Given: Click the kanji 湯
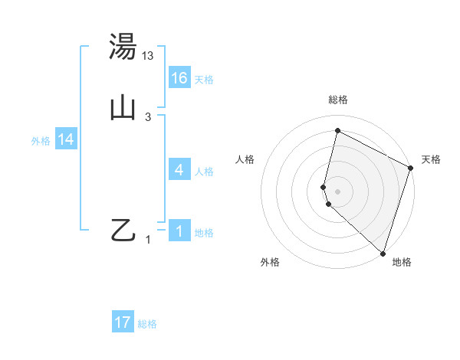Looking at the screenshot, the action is (x=123, y=47).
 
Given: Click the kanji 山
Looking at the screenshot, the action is (x=123, y=108).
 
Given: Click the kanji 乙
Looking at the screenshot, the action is (x=123, y=230).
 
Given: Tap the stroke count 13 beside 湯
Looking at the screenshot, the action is (x=148, y=55).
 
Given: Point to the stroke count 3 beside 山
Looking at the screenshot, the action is (x=148, y=116).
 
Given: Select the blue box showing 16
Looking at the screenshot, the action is (x=179, y=77).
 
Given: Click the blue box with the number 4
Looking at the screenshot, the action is (x=179, y=170).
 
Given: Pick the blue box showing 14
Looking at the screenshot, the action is (x=66, y=139).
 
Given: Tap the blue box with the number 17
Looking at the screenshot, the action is (x=123, y=322).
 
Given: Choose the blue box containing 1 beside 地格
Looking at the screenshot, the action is (x=179, y=231).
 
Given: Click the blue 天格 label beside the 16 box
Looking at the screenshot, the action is (x=204, y=79).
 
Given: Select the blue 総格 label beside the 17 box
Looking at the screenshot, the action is (x=147, y=324).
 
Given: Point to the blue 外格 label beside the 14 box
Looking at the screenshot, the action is (x=41, y=141).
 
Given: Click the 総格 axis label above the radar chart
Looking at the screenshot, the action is (x=338, y=100).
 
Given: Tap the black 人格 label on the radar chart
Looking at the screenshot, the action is (x=245, y=159).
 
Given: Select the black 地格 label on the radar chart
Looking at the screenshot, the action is (x=402, y=262).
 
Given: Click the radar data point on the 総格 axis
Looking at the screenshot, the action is (x=337, y=131).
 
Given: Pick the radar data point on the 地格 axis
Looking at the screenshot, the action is (x=383, y=253).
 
